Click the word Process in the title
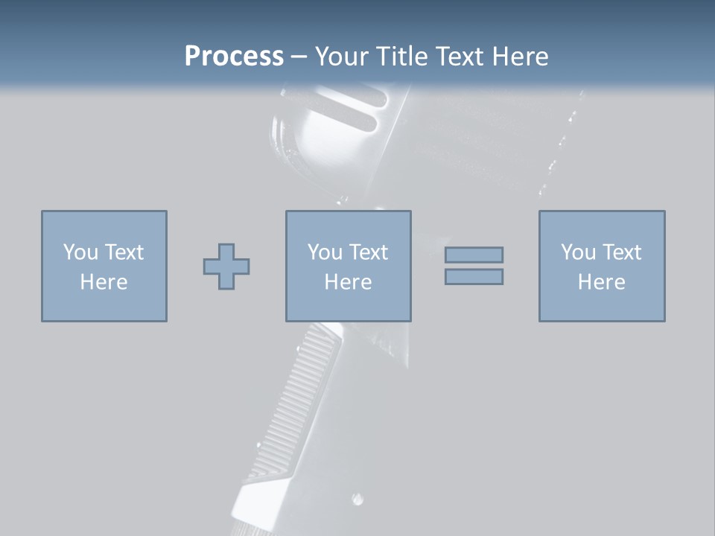(x=234, y=57)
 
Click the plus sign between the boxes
(x=226, y=267)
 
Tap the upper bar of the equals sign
(x=474, y=255)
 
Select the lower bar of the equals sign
(x=474, y=276)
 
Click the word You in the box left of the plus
(x=80, y=252)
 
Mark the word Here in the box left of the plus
(x=104, y=282)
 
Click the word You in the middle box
(x=325, y=252)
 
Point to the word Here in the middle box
(x=348, y=282)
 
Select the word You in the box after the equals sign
(x=578, y=252)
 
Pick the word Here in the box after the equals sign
(x=601, y=282)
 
